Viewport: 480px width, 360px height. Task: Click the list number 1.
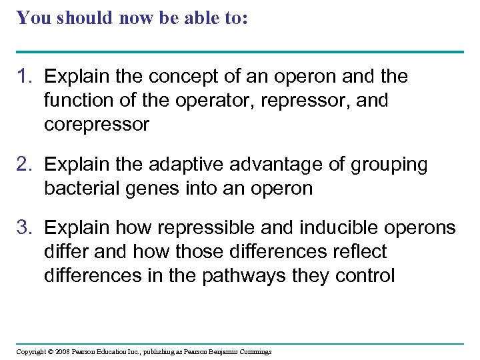[x=24, y=77]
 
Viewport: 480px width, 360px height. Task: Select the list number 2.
[x=24, y=164]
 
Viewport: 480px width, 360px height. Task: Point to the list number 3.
[x=24, y=228]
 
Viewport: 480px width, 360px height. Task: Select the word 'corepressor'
[x=97, y=125]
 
